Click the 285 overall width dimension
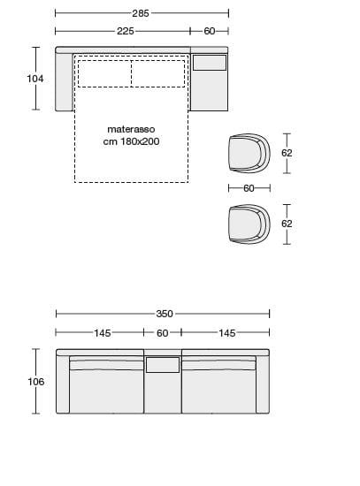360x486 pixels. tap(141, 13)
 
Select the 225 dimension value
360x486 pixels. tap(125, 31)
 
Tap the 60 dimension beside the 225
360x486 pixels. tap(210, 31)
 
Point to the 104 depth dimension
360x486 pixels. tap(35, 79)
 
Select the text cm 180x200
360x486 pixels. tap(132, 140)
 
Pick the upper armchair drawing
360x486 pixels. tap(248, 153)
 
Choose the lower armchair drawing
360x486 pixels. tap(248, 224)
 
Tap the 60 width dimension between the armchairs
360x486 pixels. tap(249, 188)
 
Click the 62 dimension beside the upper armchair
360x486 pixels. tap(287, 153)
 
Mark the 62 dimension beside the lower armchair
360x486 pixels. tap(287, 224)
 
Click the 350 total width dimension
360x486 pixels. tap(165, 314)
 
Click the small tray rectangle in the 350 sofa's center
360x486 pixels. tap(163, 364)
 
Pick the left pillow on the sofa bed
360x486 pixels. tap(104, 73)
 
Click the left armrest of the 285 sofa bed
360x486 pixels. tap(63, 82)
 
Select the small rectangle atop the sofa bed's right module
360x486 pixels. tap(210, 63)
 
